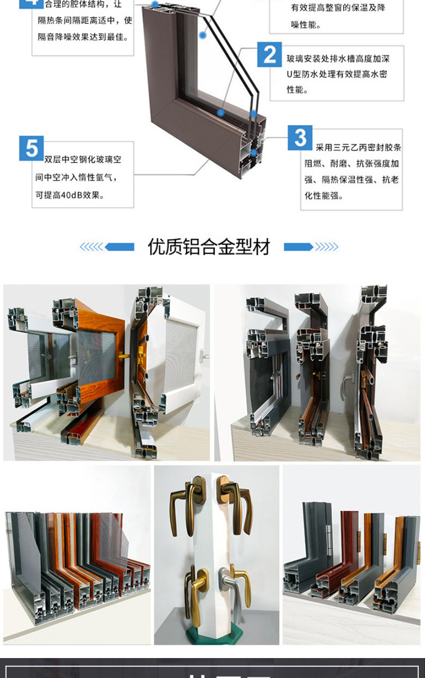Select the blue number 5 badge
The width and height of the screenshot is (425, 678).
[x=31, y=148]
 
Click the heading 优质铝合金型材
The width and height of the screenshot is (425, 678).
[x=209, y=247]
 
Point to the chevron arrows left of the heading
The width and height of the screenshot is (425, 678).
[x=91, y=247]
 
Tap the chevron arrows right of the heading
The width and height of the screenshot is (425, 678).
[x=327, y=247]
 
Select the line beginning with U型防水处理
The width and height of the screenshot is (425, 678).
[x=336, y=74]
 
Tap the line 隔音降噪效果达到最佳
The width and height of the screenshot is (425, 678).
[x=84, y=37]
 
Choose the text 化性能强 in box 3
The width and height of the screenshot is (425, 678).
[x=324, y=195]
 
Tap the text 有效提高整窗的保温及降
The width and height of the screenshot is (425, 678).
[x=338, y=8]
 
